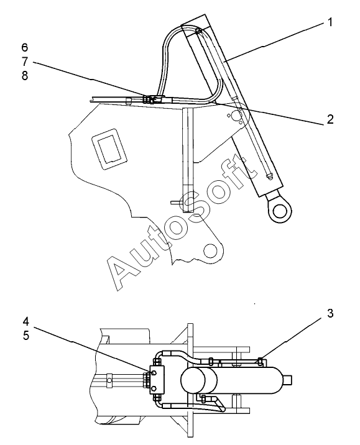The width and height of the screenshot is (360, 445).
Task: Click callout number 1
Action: [x=330, y=22]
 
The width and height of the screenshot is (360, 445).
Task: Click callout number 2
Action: [x=330, y=119]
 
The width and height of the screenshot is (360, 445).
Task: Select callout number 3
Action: [x=330, y=313]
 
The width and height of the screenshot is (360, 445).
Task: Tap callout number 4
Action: [x=25, y=321]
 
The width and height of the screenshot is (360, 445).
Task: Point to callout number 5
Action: [x=26, y=336]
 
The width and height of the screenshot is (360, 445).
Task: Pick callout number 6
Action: [x=25, y=47]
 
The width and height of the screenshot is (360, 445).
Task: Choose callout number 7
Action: [x=25, y=62]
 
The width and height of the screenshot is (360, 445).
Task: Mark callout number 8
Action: [x=25, y=76]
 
